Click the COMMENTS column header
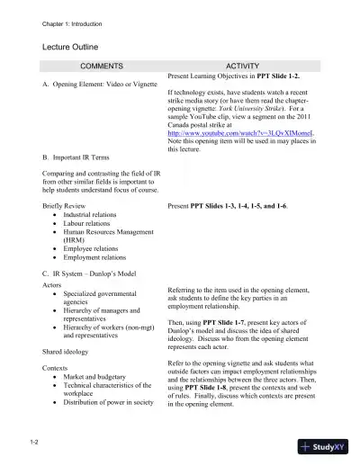coord(102,67)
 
